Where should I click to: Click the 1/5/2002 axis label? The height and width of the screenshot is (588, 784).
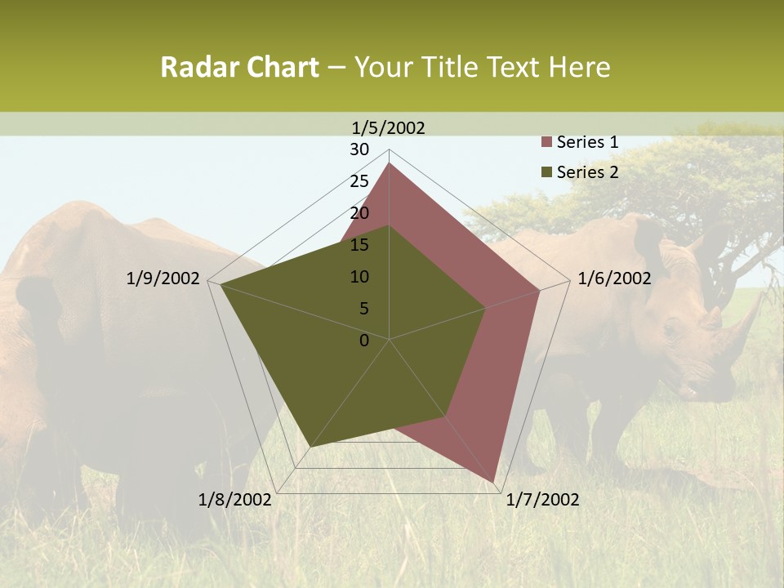point(388,127)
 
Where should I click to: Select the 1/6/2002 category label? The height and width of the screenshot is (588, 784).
point(614,278)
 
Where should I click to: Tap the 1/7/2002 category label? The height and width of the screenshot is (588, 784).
point(542,500)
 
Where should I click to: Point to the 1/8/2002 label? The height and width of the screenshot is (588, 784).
point(235,500)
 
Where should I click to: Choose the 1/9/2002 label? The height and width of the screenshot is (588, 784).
point(163,278)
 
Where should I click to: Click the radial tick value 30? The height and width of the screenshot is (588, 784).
point(359,149)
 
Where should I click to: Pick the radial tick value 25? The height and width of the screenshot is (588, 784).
point(359,181)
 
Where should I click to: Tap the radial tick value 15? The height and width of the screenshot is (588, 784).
point(359,245)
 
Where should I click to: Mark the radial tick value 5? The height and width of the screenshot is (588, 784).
point(364,309)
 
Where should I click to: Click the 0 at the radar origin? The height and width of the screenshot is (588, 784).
point(364,341)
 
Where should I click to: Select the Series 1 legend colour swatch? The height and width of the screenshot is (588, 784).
point(547,143)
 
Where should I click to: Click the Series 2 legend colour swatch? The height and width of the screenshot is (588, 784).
point(547,172)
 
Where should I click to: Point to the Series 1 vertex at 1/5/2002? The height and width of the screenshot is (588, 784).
point(390,163)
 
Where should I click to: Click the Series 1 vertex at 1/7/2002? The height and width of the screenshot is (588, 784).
point(493,482)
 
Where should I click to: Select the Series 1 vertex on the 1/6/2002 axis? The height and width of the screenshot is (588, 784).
point(540,290)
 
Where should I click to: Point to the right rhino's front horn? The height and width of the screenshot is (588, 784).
point(747,321)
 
